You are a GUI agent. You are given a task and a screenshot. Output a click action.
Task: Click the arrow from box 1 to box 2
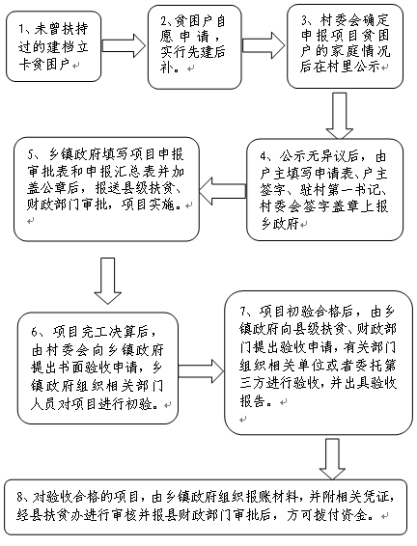[x=124, y=45]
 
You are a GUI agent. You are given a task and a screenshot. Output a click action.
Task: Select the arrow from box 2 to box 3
[x=264, y=45]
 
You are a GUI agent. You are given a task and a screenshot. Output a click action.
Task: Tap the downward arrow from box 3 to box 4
[x=340, y=116]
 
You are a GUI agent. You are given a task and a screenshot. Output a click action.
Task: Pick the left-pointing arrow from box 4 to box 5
[x=223, y=191]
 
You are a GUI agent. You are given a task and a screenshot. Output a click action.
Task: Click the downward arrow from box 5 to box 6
[x=108, y=281]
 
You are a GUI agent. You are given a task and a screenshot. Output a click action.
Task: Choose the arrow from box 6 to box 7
[x=202, y=371]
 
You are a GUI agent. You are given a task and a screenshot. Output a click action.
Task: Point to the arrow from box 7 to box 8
[x=333, y=458]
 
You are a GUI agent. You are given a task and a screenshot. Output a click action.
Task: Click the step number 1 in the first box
[x=21, y=30]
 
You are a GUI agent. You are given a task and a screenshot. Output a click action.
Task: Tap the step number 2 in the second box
[x=163, y=22]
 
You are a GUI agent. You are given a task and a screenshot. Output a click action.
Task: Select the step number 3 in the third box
[x=305, y=21]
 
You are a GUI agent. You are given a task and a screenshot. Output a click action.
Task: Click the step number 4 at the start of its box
[x=264, y=156]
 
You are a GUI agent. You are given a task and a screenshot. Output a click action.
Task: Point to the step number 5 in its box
[x=30, y=154]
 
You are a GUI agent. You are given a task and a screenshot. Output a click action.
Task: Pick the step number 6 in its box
[x=35, y=332]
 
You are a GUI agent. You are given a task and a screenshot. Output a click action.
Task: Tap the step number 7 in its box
[x=243, y=311]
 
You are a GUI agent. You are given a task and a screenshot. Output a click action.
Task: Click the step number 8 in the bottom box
[x=20, y=497]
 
